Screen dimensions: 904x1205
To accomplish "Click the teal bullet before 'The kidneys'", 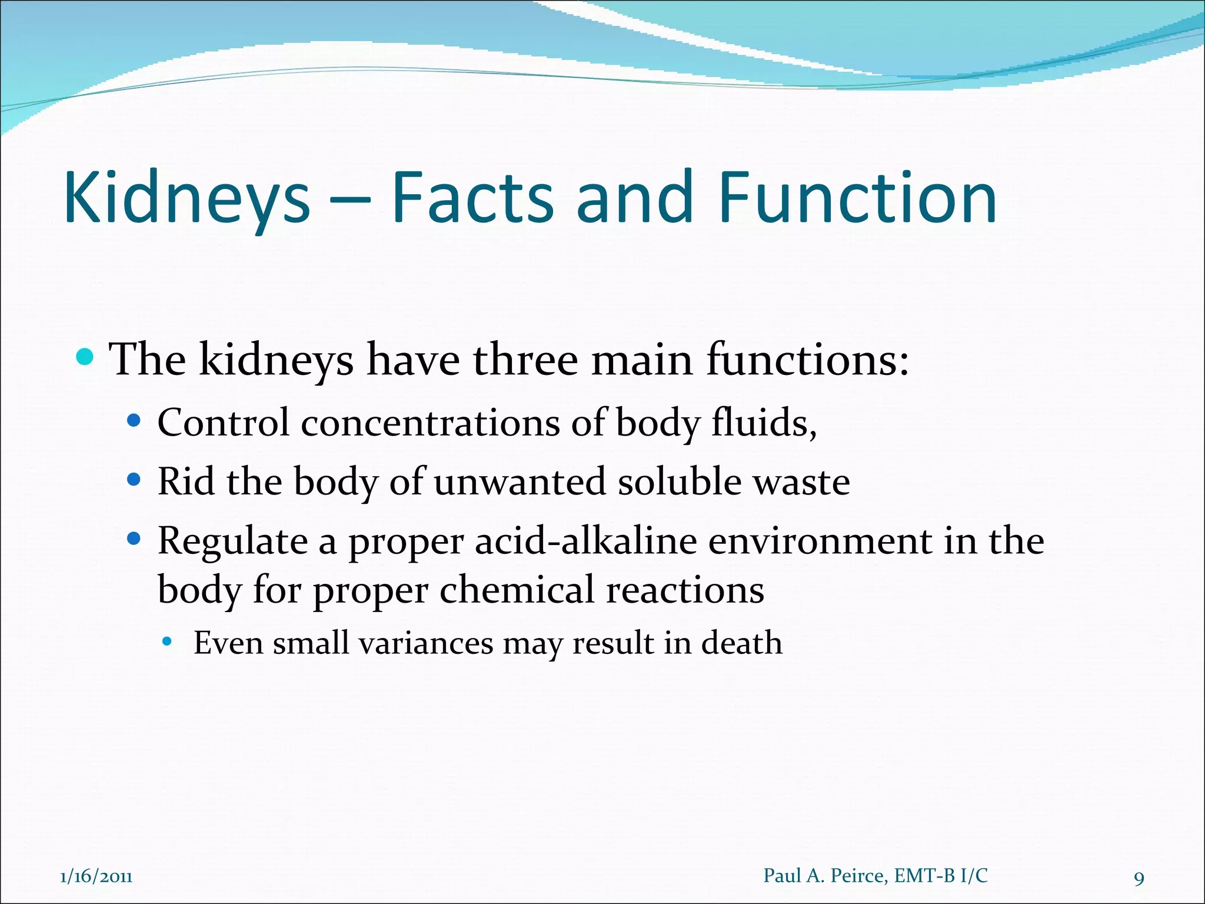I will pyautogui.click(x=85, y=357).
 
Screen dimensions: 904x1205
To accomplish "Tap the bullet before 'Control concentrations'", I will pyautogui.click(x=134, y=421).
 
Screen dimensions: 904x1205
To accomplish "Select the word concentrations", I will pyautogui.click(x=430, y=423).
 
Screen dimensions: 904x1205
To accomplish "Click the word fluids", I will pyautogui.click(x=764, y=423).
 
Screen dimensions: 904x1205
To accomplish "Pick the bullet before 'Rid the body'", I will pyautogui.click(x=134, y=480).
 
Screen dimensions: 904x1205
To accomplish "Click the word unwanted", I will pyautogui.click(x=520, y=481).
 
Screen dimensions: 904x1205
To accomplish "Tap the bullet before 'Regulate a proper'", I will pyautogui.click(x=134, y=539).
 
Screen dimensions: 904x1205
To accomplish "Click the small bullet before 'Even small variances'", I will pyautogui.click(x=167, y=642).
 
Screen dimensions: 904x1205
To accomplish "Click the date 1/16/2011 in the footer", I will pyautogui.click(x=96, y=877).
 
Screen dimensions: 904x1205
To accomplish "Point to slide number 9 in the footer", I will pyautogui.click(x=1139, y=879).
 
